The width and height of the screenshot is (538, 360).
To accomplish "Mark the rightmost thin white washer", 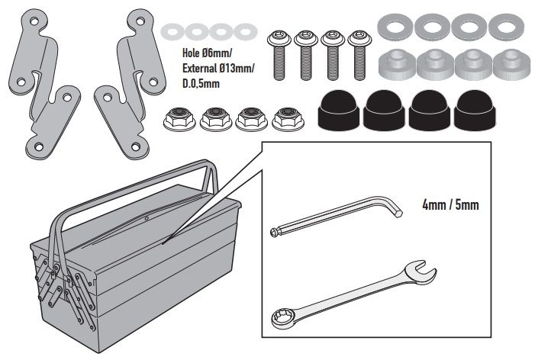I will point(244,32).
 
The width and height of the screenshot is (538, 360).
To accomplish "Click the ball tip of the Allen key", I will point(273,230).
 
